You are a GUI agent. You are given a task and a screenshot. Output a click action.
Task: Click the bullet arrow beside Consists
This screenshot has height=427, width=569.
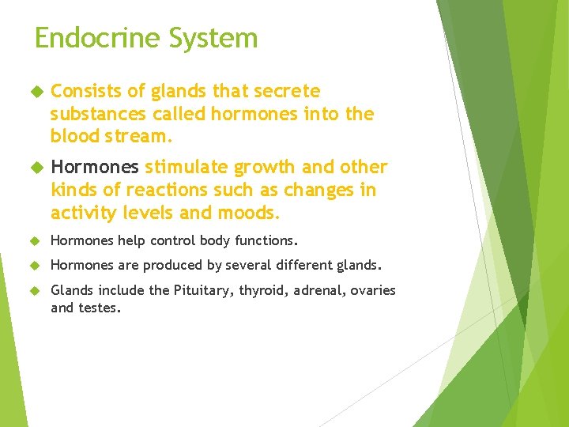(36, 92)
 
